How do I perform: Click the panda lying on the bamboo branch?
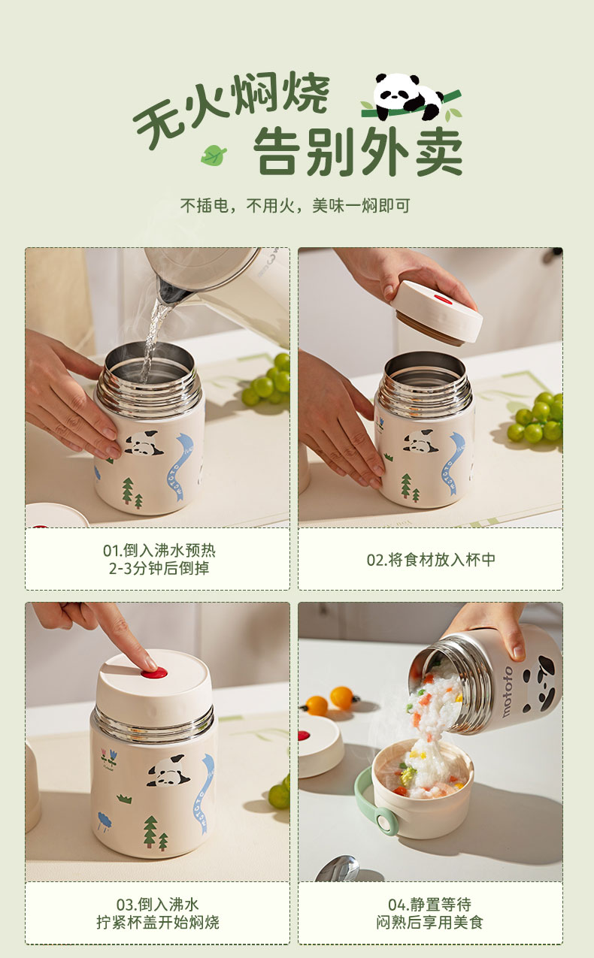pos(407,96)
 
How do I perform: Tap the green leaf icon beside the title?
pos(214,155)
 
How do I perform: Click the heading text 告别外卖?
pos(359,151)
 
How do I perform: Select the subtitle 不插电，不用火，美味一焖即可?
pos(295,206)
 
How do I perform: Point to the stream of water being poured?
pos(153,338)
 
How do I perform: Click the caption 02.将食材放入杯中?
pos(431,560)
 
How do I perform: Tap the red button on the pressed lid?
pos(154,673)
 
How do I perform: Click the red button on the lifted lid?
pos(444,298)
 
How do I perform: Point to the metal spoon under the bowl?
pos(338,869)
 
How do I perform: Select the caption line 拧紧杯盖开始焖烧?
pos(157,923)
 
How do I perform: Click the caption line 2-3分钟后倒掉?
pos(159,568)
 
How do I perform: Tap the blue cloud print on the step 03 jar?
pos(105,820)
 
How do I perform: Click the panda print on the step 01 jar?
pos(144,443)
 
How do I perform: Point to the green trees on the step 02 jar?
pos(410,487)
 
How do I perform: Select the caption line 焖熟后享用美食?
pos(429,923)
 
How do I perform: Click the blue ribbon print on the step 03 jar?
pos(206,793)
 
